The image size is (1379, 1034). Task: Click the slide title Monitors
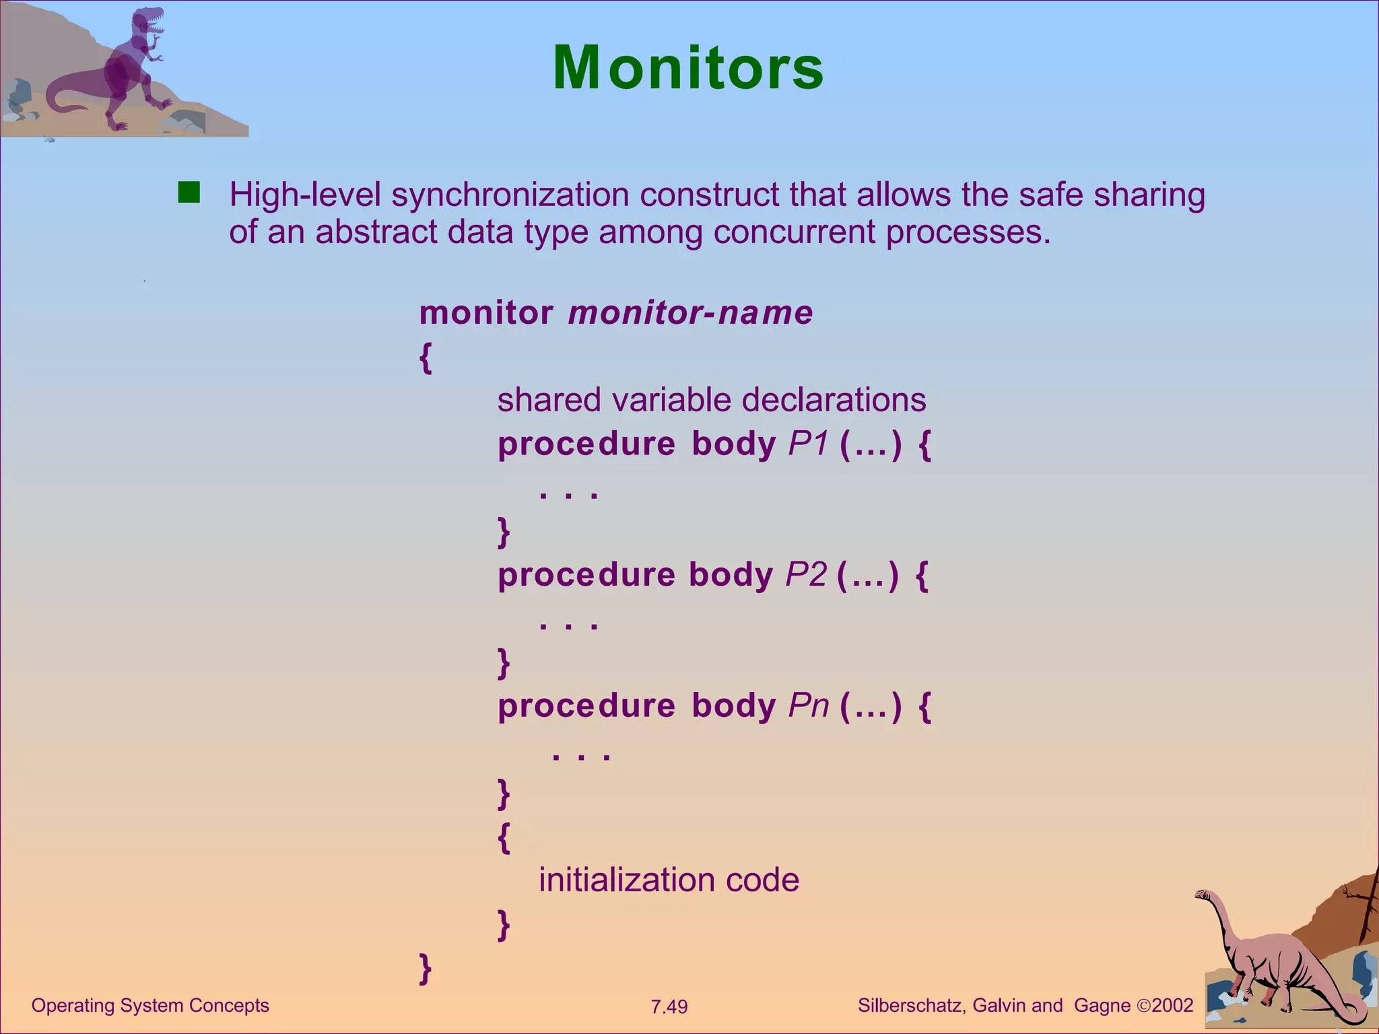click(688, 68)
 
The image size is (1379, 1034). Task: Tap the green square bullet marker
click(189, 193)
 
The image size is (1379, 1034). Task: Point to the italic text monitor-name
click(690, 313)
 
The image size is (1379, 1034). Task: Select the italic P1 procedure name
click(807, 444)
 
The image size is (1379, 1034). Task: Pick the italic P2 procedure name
click(805, 575)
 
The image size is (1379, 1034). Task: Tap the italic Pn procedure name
click(808, 705)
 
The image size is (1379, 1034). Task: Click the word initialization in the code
click(626, 881)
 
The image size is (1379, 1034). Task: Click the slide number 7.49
click(669, 1007)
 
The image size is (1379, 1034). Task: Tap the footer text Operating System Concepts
click(150, 1006)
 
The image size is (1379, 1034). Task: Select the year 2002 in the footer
click(1172, 1006)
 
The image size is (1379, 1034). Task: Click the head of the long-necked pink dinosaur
click(1203, 895)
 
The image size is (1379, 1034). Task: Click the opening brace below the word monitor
click(425, 357)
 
